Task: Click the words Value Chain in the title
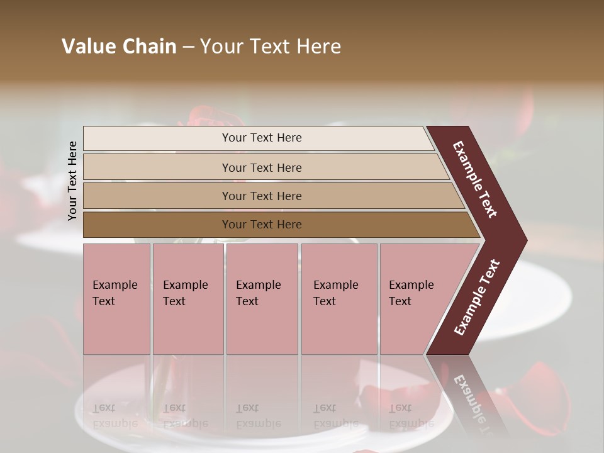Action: pyautogui.click(x=119, y=47)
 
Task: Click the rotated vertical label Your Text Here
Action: pyautogui.click(x=73, y=181)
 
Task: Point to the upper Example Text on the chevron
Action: pyautogui.click(x=476, y=179)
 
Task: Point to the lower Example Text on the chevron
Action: pyautogui.click(x=476, y=298)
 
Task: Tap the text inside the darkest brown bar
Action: pyautogui.click(x=262, y=225)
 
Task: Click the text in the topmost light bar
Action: pyautogui.click(x=262, y=138)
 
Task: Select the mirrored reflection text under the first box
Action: pyautogui.click(x=115, y=416)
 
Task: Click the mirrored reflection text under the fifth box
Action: pyautogui.click(x=411, y=416)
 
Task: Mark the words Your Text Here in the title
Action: pyautogui.click(x=271, y=47)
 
